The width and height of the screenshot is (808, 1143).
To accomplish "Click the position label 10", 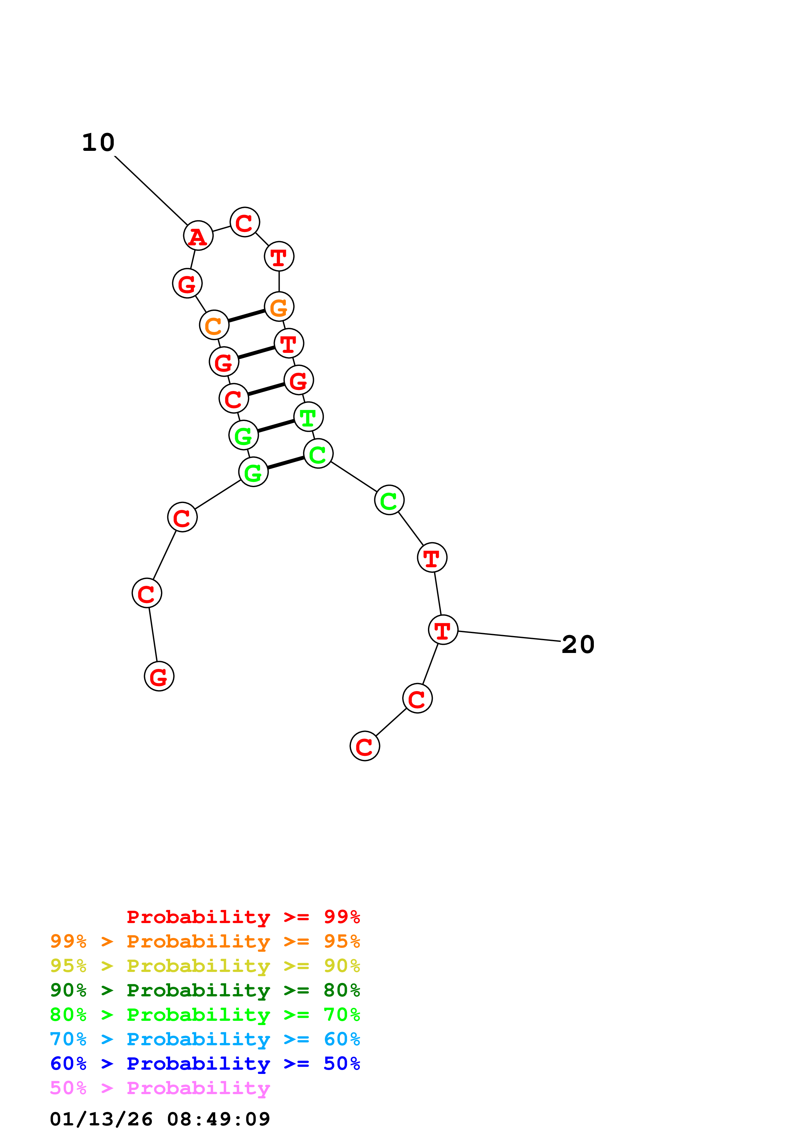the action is pyautogui.click(x=98, y=143).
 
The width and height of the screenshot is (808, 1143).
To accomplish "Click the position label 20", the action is pyautogui.click(x=578, y=645).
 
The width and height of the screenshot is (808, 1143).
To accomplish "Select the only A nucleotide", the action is pyautogui.click(x=198, y=236).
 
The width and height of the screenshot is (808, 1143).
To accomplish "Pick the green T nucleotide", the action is pyautogui.click(x=308, y=417).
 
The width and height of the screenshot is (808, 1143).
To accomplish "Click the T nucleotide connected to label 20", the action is pyautogui.click(x=443, y=630).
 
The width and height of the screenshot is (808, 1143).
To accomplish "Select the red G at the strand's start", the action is pyautogui.click(x=159, y=676).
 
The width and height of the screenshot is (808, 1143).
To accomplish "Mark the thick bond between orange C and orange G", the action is pyautogui.click(x=246, y=316).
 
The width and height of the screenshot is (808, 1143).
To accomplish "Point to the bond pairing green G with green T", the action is pyautogui.click(x=276, y=426).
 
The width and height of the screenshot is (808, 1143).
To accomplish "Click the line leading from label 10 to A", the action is pyautogui.click(x=151, y=190).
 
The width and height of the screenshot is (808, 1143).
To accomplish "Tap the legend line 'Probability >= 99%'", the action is pyautogui.click(x=243, y=917).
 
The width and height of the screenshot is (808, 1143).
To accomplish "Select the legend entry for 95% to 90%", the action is pyautogui.click(x=205, y=966).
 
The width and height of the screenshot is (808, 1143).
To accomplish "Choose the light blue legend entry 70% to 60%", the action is pyautogui.click(x=205, y=1039).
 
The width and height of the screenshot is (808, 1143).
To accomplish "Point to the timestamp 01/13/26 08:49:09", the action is pyautogui.click(x=160, y=1119).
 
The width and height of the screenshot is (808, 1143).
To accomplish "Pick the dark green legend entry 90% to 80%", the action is pyautogui.click(x=205, y=990).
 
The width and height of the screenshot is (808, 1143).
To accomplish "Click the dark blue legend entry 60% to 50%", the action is pyautogui.click(x=205, y=1063).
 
